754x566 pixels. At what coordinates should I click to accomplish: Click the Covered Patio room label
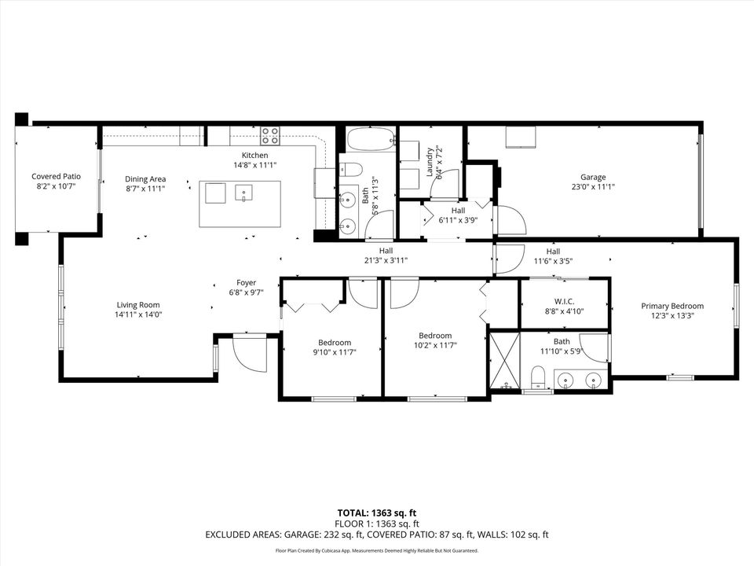tap(56, 177)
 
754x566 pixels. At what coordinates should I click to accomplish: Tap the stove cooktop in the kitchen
tap(270, 136)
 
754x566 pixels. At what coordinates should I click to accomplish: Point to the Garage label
tap(593, 177)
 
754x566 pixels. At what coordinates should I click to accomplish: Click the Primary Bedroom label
tap(672, 306)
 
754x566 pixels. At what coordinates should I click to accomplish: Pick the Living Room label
tap(138, 305)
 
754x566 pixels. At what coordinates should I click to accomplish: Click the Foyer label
tap(246, 282)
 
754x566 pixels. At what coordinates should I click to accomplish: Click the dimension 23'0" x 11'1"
tap(593, 187)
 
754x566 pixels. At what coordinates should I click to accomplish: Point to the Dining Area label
tap(145, 178)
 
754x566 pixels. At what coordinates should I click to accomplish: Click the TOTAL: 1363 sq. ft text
tap(377, 511)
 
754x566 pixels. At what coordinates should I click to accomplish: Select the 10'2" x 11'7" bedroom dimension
tap(434, 344)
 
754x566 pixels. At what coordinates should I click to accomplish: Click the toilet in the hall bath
tap(351, 169)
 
